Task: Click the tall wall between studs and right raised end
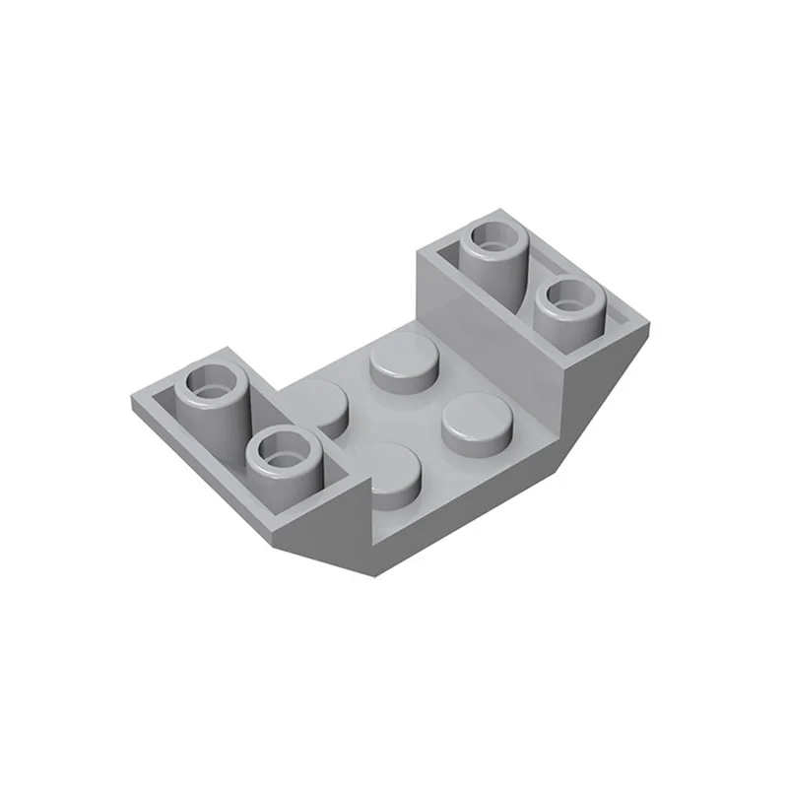click(473, 325)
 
